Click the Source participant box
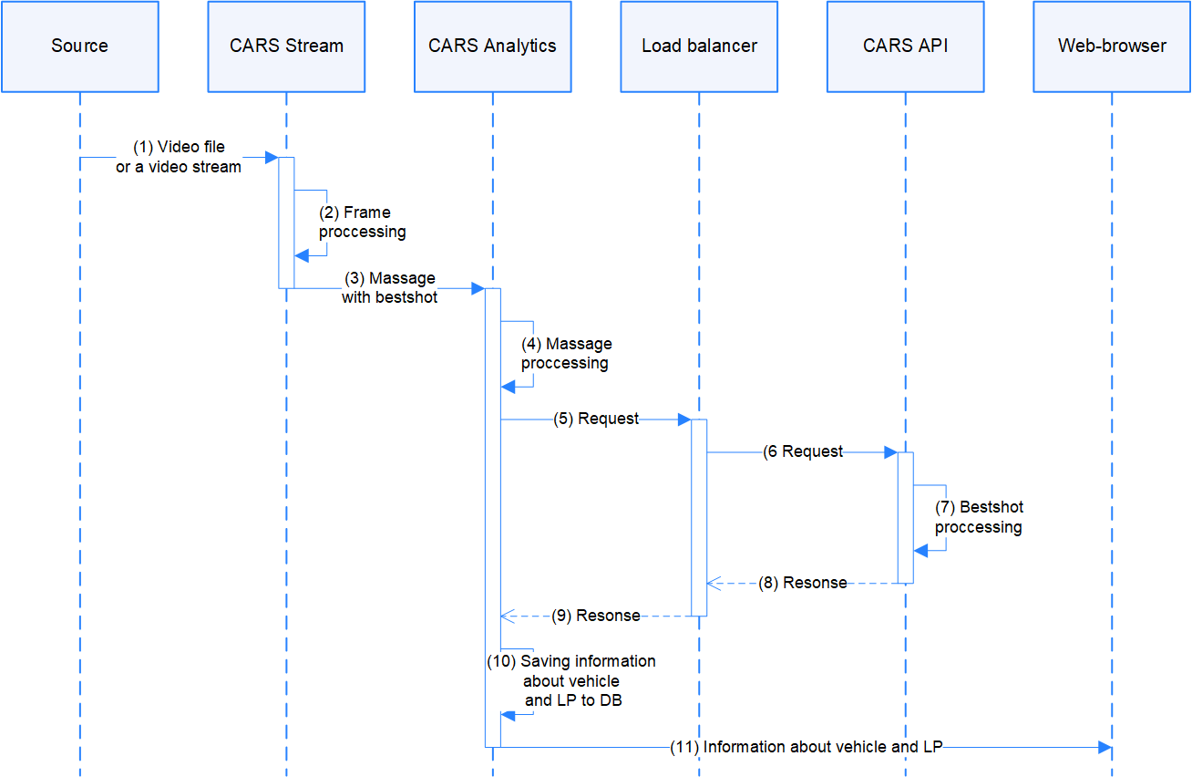tap(79, 47)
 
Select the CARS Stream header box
tap(286, 47)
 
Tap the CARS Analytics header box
tap(492, 47)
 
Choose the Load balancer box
tap(699, 47)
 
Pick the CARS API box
tap(905, 47)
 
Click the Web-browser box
tap(1112, 47)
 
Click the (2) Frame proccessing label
tap(363, 223)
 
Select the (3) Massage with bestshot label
tap(389, 287)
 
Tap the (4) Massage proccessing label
tap(566, 354)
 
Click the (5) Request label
tap(596, 420)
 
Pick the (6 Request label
tap(803, 451)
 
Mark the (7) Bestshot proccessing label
tap(979, 517)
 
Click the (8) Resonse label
tap(802, 583)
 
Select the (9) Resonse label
tap(596, 616)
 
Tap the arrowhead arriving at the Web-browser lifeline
tap(1105, 747)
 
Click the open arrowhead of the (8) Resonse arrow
tap(714, 583)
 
